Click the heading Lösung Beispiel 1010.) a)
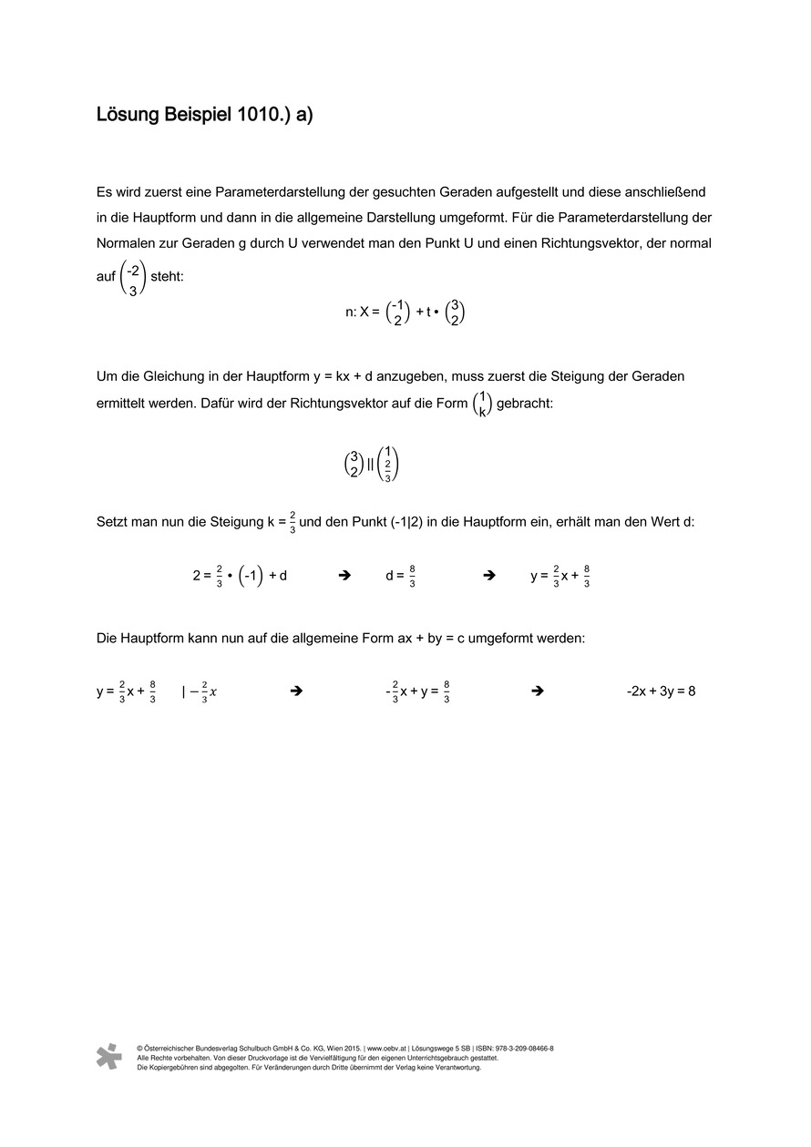pyautogui.click(x=204, y=116)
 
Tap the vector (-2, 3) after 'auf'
pyautogui.click(x=133, y=277)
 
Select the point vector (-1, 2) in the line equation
pyautogui.click(x=397, y=312)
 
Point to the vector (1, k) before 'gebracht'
pyautogui.click(x=482, y=404)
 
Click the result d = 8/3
pyautogui.click(x=401, y=576)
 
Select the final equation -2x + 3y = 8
pyautogui.click(x=661, y=691)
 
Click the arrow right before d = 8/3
pyautogui.click(x=344, y=576)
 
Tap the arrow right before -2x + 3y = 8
pyautogui.click(x=537, y=691)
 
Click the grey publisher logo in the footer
pyautogui.click(x=108, y=1056)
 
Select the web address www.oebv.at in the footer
pyautogui.click(x=387, y=1049)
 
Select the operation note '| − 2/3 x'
pyautogui.click(x=200, y=692)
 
